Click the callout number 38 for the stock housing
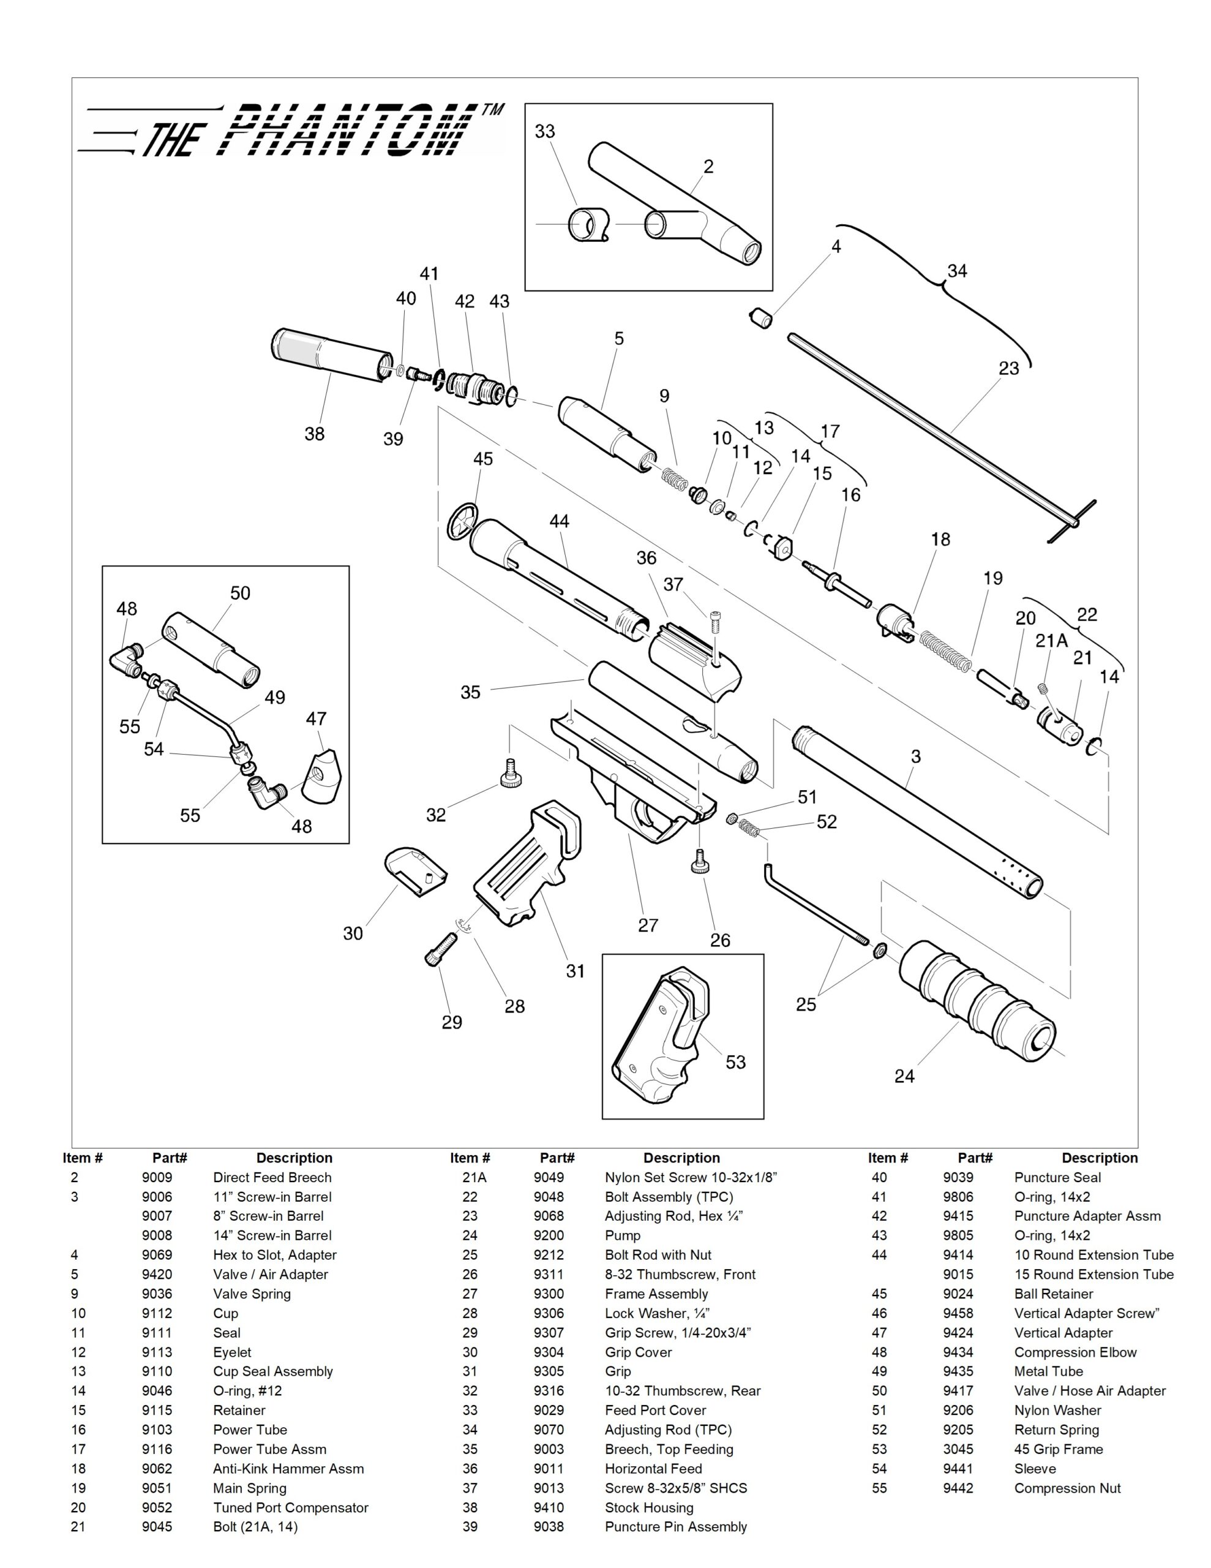[315, 434]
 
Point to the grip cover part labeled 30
[416, 871]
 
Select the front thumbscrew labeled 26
[700, 860]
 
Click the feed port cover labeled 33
[587, 225]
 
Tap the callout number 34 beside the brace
[957, 271]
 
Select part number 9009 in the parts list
[157, 1177]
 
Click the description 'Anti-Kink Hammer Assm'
[288, 1468]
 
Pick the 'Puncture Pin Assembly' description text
[675, 1526]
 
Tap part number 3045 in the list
[958, 1449]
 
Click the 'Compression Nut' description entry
[1067, 1488]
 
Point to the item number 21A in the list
[474, 1177]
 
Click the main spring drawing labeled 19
[945, 650]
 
